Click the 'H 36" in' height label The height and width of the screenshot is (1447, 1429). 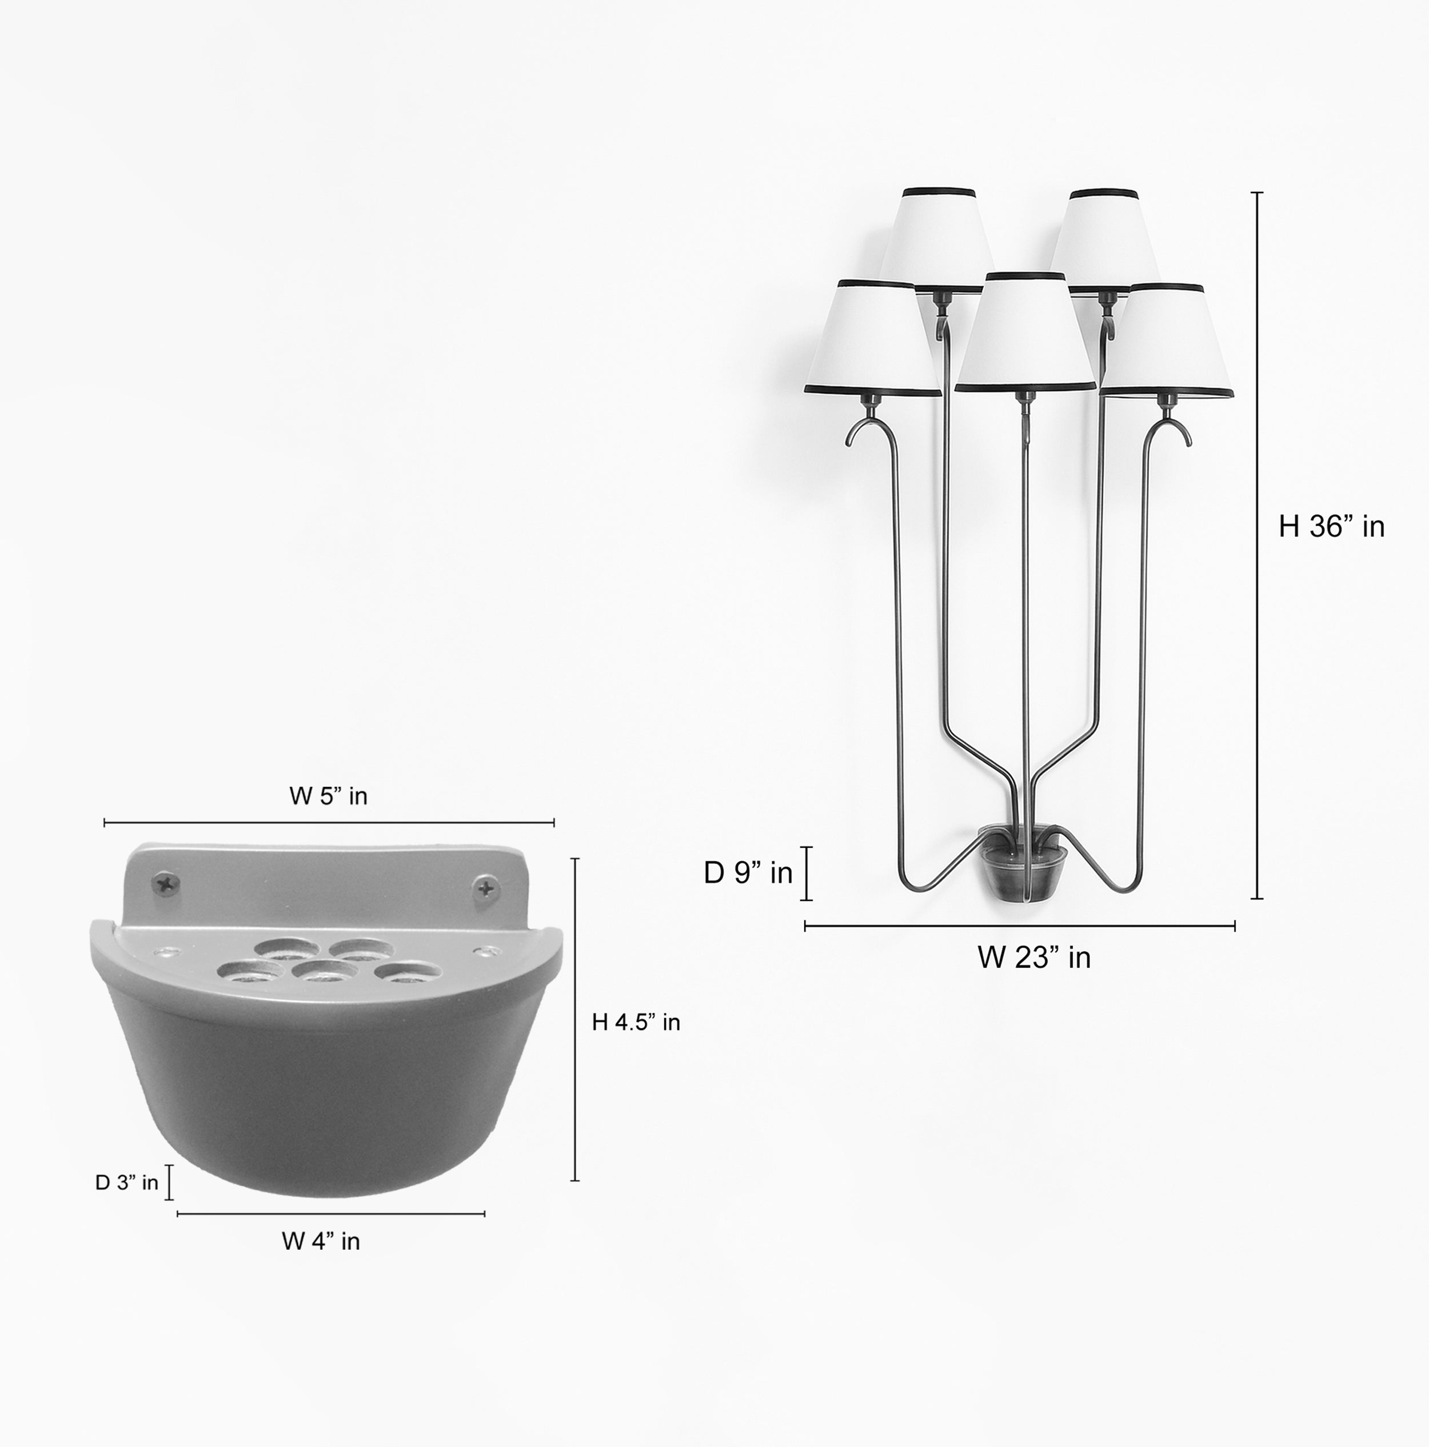tap(1331, 527)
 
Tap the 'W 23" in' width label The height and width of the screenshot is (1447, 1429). tap(1033, 958)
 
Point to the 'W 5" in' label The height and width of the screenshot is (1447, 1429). tap(328, 796)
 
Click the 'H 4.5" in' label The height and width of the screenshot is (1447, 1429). tap(636, 1023)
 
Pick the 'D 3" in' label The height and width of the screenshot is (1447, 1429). tap(127, 1183)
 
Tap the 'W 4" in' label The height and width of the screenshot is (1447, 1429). tap(321, 1241)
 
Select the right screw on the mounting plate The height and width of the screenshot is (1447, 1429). tap(486, 889)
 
